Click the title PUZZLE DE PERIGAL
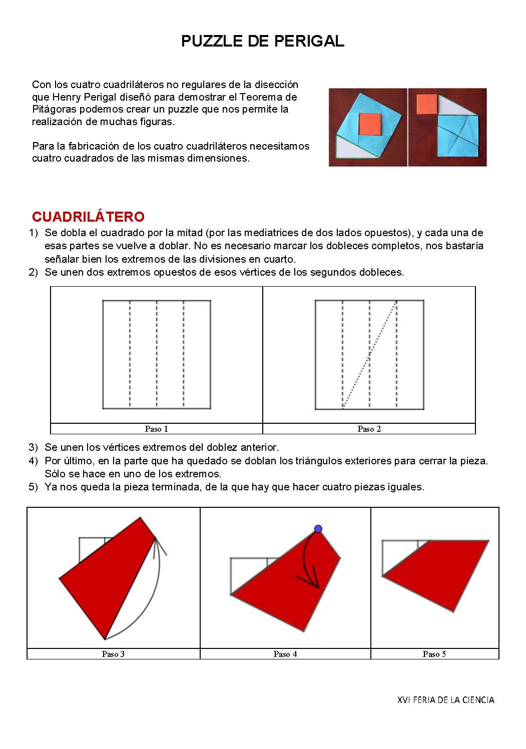coord(262,41)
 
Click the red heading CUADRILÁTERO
coord(88,217)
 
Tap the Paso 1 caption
coord(156,429)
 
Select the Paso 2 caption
coord(369,429)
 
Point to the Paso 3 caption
coord(113,654)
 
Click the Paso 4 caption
coord(285,654)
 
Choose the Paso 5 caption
coord(434,654)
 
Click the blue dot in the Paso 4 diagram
coord(318,529)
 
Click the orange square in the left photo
coord(370,124)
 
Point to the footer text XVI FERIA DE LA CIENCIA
coord(445,700)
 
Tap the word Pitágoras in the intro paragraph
coord(53,109)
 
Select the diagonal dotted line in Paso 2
coord(369,355)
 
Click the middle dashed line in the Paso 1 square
coord(157,355)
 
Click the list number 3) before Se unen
coord(33,447)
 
